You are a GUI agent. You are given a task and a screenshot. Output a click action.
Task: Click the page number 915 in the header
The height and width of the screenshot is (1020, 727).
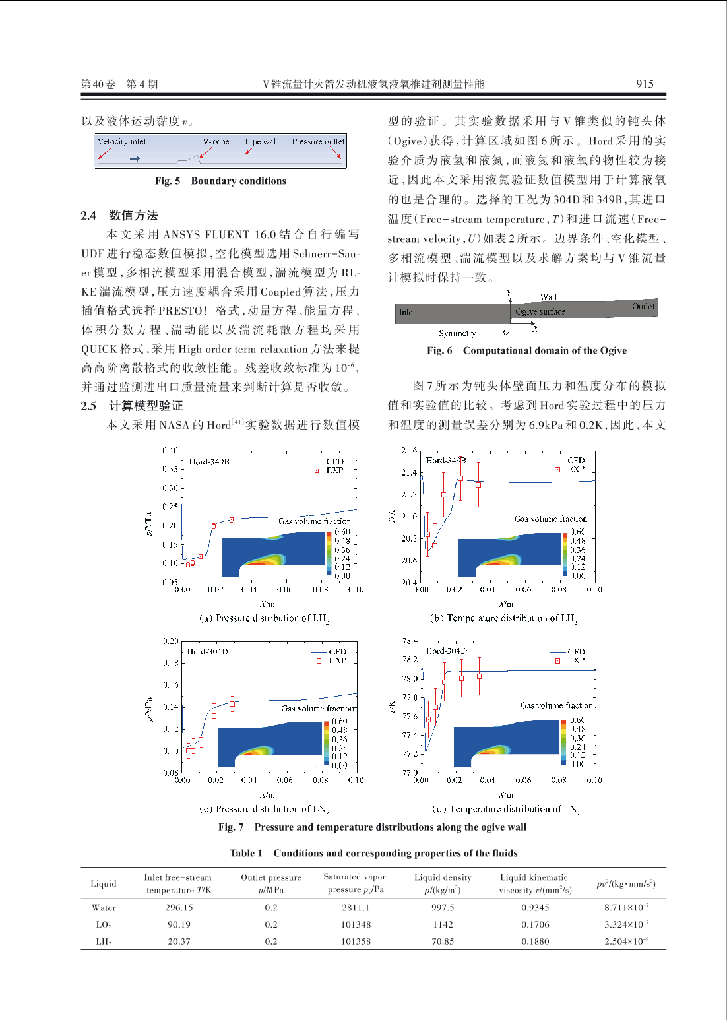click(644, 84)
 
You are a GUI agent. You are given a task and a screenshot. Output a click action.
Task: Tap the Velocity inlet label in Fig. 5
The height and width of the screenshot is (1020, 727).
click(121, 142)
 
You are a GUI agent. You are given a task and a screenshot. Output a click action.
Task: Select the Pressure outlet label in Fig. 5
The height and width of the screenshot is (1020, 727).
click(318, 142)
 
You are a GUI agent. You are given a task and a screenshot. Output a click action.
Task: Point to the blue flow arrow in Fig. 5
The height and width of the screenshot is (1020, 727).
click(135, 158)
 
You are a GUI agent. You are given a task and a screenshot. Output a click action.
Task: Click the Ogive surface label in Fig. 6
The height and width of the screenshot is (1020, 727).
click(540, 312)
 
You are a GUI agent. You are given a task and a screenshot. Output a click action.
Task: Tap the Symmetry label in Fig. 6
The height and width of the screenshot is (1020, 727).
click(457, 333)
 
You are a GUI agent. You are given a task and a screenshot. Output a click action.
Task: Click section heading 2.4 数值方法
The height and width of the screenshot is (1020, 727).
click(119, 215)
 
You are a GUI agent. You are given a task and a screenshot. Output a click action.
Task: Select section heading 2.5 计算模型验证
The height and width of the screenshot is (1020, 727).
click(132, 406)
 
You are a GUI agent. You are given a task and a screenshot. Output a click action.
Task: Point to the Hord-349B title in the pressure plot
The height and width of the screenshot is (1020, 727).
click(209, 462)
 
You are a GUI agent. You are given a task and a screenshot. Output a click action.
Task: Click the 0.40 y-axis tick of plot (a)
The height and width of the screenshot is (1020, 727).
click(170, 451)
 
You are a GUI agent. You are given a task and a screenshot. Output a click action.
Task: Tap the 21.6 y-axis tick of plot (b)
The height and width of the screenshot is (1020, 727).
click(409, 451)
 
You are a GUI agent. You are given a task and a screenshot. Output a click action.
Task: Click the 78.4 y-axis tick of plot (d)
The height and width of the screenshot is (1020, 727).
click(409, 641)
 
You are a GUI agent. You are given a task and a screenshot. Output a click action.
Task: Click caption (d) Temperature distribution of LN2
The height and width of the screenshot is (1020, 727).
click(505, 809)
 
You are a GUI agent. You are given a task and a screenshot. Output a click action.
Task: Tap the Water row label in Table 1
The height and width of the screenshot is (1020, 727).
click(104, 908)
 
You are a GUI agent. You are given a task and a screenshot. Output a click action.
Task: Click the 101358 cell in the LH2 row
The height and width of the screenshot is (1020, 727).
click(356, 941)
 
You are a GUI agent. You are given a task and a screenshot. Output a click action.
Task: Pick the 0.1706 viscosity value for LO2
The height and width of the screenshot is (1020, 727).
click(535, 924)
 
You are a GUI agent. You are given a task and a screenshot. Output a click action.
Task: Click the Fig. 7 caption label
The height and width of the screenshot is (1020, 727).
click(231, 827)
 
